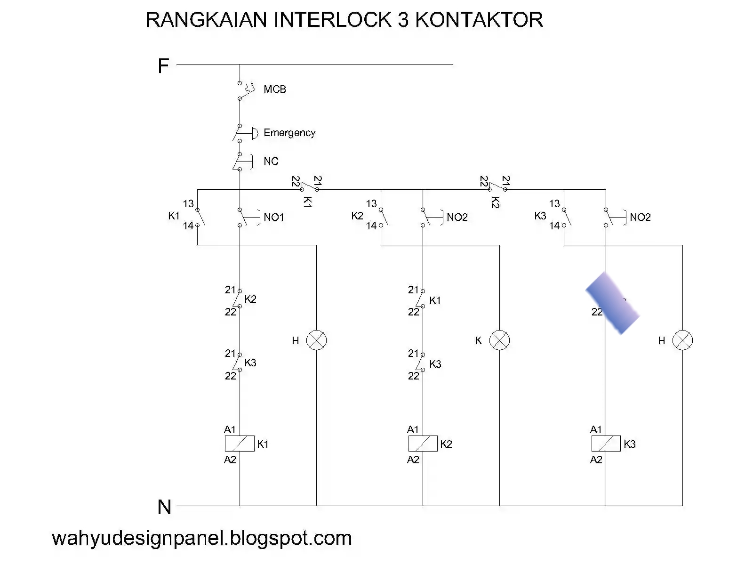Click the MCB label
[274, 89]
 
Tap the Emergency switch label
[289, 133]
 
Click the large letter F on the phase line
[163, 66]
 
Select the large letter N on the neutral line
[164, 508]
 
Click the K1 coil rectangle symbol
[240, 444]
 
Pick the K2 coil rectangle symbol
[423, 444]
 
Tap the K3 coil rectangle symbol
[606, 444]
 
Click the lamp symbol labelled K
[499, 340]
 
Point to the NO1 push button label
[274, 218]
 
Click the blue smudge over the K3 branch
[612, 303]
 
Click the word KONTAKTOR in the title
[479, 20]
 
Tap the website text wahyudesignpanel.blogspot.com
[202, 538]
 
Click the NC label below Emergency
[271, 161]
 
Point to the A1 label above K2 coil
[413, 429]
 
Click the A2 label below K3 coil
[596, 460]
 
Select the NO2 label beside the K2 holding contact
[457, 218]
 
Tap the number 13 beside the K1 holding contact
[188, 204]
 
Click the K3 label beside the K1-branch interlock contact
[250, 363]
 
